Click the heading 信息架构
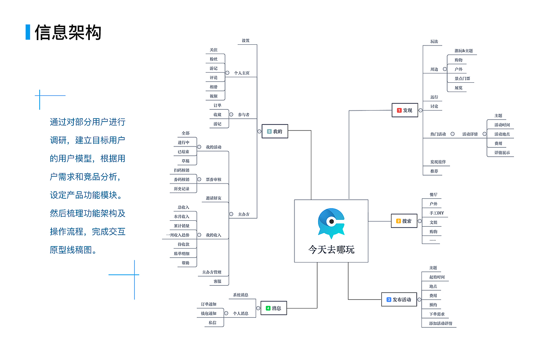pyautogui.click(x=68, y=32)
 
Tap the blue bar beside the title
pyautogui.click(x=28, y=32)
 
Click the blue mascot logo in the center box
pyautogui.click(x=331, y=223)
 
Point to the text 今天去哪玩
pyautogui.click(x=331, y=249)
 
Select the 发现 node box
pyautogui.click(x=405, y=110)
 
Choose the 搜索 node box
pyautogui.click(x=404, y=221)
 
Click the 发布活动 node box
pyautogui.click(x=399, y=300)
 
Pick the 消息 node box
pyautogui.click(x=273, y=308)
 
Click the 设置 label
pyautogui.click(x=246, y=41)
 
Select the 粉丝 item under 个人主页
pyautogui.click(x=213, y=59)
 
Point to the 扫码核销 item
pyautogui.click(x=181, y=170)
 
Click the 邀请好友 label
pyautogui.click(x=213, y=198)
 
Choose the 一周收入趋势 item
pyautogui.click(x=178, y=235)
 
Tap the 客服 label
pyautogui.click(x=217, y=281)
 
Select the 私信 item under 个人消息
pyautogui.click(x=212, y=322)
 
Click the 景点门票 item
pyautogui.click(x=462, y=78)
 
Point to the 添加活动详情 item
pyautogui.click(x=440, y=323)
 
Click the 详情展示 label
pyautogui.click(x=502, y=153)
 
